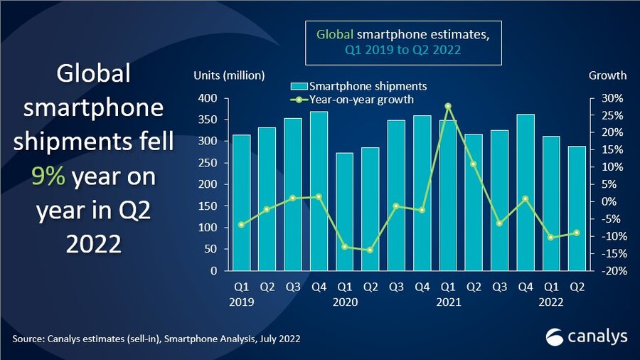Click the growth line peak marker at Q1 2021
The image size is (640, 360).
pos(448,106)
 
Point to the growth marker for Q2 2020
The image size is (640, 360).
pos(370,250)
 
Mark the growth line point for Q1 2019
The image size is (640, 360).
pos(242,225)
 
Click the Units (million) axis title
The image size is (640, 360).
pos(229,75)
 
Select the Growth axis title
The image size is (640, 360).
pos(607,75)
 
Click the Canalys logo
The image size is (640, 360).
pos(586,336)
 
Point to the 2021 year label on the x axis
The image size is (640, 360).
pos(448,302)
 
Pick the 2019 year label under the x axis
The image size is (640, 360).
pos(242,302)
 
